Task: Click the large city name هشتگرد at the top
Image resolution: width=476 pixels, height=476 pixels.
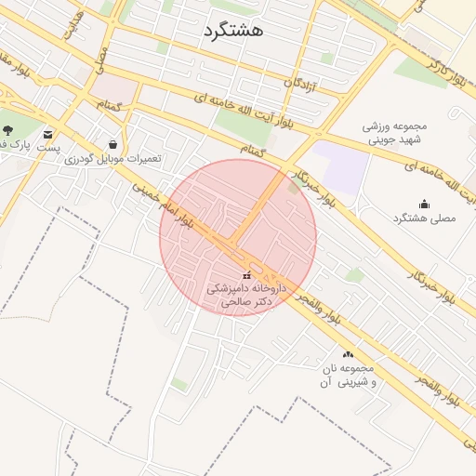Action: click(232, 30)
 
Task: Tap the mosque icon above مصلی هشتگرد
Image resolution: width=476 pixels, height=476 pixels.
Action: click(425, 204)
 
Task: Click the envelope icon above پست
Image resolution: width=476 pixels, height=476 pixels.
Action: click(47, 132)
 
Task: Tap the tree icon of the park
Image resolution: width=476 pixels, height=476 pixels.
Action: click(8, 130)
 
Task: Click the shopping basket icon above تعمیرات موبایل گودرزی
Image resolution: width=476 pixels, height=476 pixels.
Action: click(112, 144)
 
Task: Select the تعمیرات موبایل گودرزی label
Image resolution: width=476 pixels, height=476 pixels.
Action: click(112, 159)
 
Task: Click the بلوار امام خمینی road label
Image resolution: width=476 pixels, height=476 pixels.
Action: click(163, 202)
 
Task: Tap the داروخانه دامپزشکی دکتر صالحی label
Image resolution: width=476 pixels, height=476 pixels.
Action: click(245, 296)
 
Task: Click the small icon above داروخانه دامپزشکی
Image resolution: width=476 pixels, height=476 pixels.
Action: click(246, 275)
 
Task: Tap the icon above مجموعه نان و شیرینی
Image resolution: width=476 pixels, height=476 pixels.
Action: click(348, 354)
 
